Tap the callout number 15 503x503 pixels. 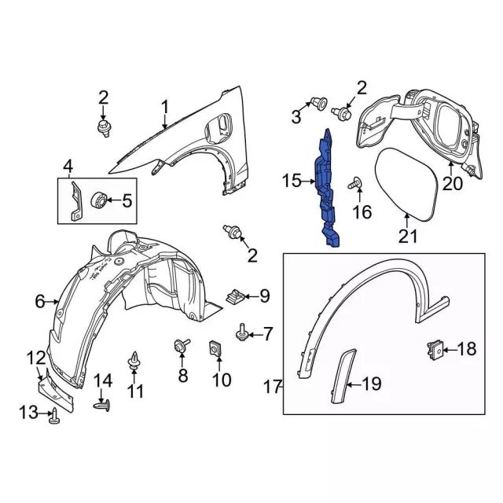[292, 182]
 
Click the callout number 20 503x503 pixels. [453, 185]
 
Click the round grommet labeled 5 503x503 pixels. [101, 200]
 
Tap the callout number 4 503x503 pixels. [68, 166]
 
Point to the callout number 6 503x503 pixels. [40, 300]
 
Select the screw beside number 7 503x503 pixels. [243, 334]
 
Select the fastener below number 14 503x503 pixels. [102, 406]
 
